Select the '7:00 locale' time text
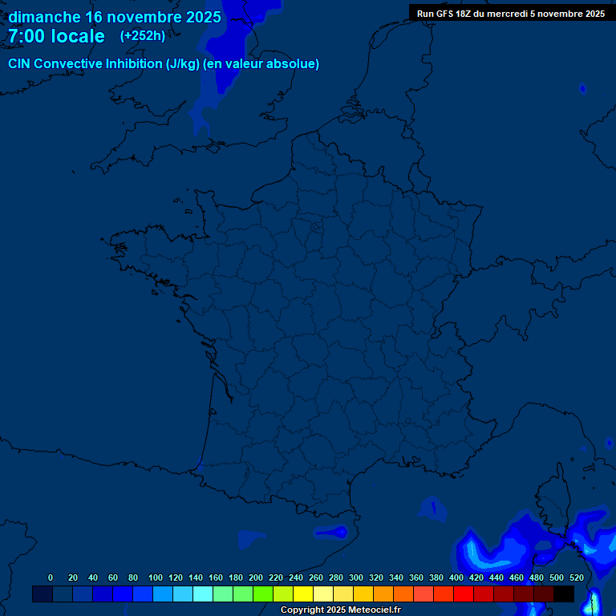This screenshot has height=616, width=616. click(x=56, y=36)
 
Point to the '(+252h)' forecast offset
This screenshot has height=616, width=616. click(x=143, y=36)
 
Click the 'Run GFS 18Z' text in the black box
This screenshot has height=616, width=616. click(x=446, y=14)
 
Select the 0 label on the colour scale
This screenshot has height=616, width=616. click(x=51, y=577)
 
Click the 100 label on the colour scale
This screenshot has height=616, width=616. click(x=156, y=577)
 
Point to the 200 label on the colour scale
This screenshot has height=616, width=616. click(x=256, y=577)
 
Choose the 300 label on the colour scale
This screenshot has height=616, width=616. click(x=356, y=577)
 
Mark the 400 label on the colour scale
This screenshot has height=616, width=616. click(x=456, y=577)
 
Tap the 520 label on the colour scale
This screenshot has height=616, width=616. click(x=576, y=577)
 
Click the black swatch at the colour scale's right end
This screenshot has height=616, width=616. click(x=564, y=594)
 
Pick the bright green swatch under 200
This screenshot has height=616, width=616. click(x=263, y=594)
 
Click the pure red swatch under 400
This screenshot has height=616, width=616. click(x=464, y=594)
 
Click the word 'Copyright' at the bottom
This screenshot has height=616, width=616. click(x=302, y=610)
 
